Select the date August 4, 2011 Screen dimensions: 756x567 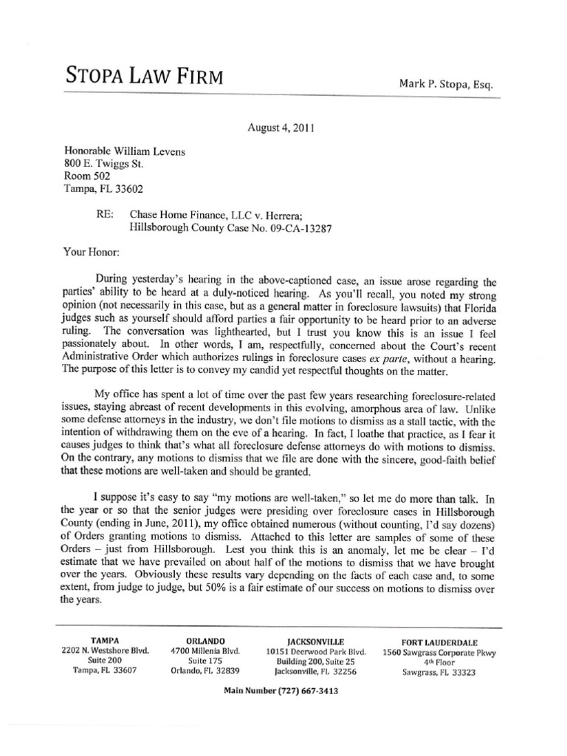coord(283,127)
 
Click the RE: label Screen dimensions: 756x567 coord(97,216)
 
